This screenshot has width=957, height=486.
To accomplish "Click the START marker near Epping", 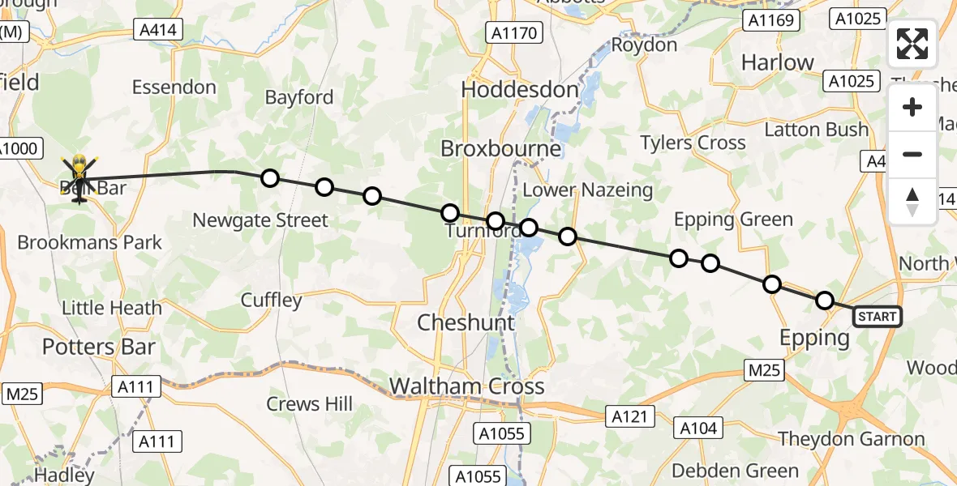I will point(878,317).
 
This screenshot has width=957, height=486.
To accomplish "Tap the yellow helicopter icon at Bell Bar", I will point(79,177).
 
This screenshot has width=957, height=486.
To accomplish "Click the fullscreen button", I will point(912,44).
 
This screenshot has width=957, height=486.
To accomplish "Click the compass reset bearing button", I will point(912,202).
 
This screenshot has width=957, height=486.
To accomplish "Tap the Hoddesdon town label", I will point(521,90).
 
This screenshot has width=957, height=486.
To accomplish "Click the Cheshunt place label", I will point(466,322).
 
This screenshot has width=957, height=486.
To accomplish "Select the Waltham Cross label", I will point(467,386).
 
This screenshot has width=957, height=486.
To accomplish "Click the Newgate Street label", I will point(260,220).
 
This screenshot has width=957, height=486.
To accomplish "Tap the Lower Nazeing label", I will point(588,190).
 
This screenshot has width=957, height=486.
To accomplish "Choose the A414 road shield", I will point(159,31).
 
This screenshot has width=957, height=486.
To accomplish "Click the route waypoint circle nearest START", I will point(824,301).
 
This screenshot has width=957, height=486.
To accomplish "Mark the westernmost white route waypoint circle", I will point(269,178).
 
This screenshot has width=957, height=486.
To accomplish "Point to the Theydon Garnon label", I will point(852,439).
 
